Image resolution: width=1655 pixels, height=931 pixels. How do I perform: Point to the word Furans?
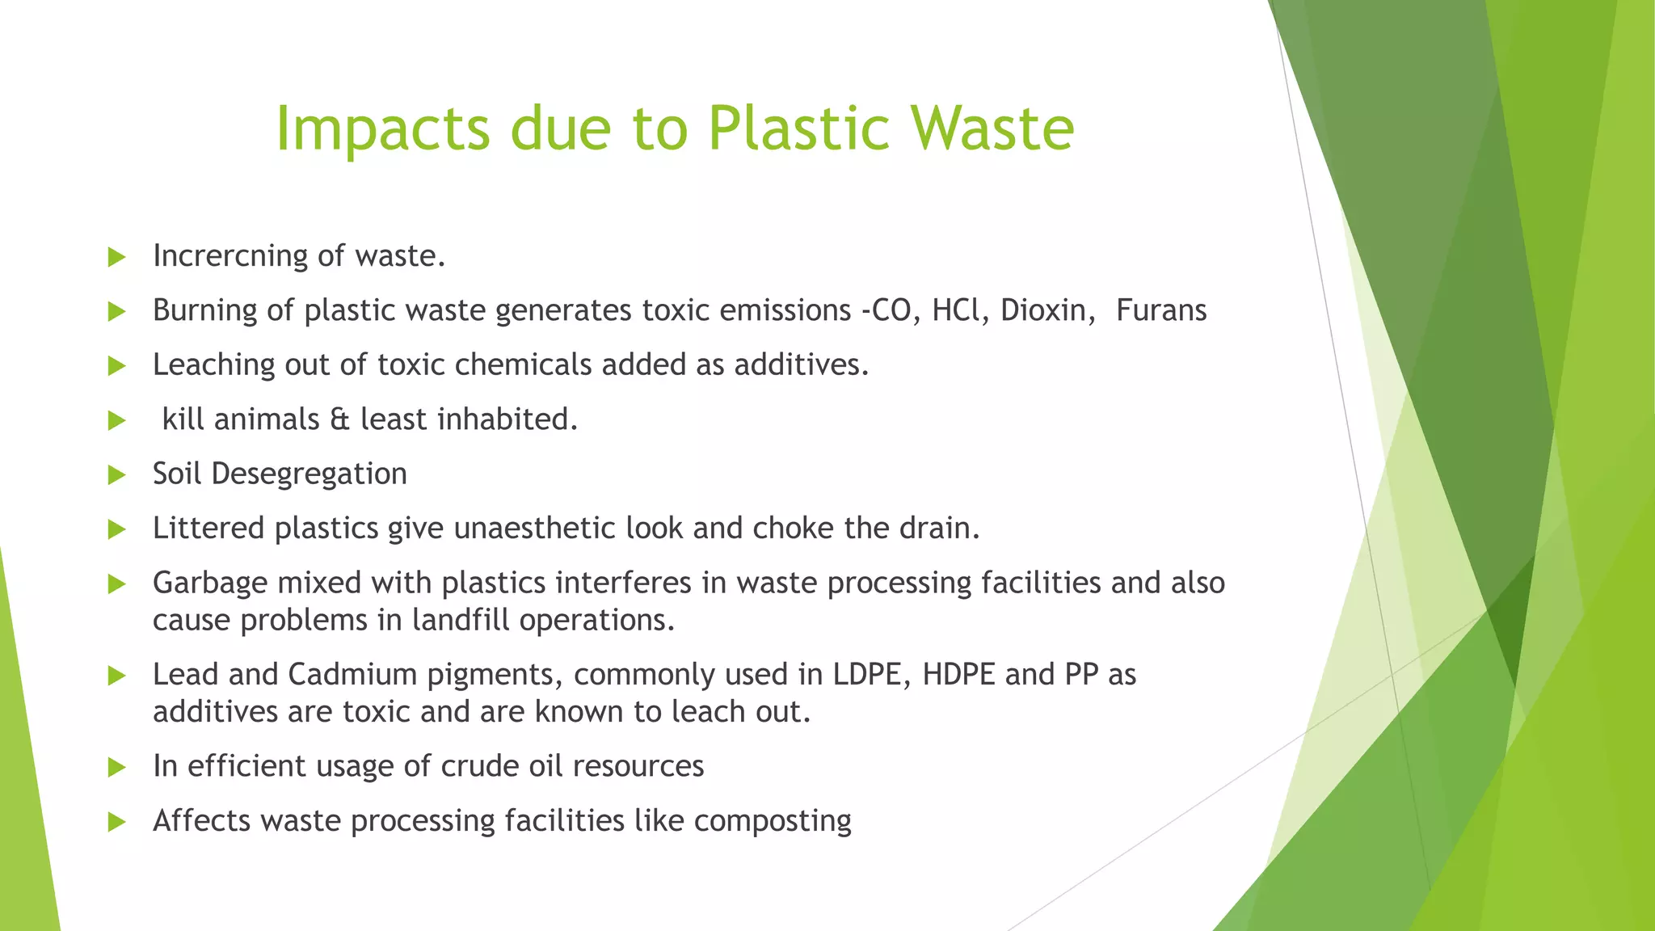[1161, 310]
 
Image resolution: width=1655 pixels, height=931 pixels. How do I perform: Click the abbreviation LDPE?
[867, 674]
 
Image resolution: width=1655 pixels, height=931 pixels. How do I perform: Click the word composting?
[773, 821]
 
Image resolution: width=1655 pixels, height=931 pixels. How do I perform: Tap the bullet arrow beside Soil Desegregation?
[117, 475]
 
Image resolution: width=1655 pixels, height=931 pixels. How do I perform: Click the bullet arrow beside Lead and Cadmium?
[117, 676]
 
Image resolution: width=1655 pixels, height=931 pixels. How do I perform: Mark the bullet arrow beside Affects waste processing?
[117, 822]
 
